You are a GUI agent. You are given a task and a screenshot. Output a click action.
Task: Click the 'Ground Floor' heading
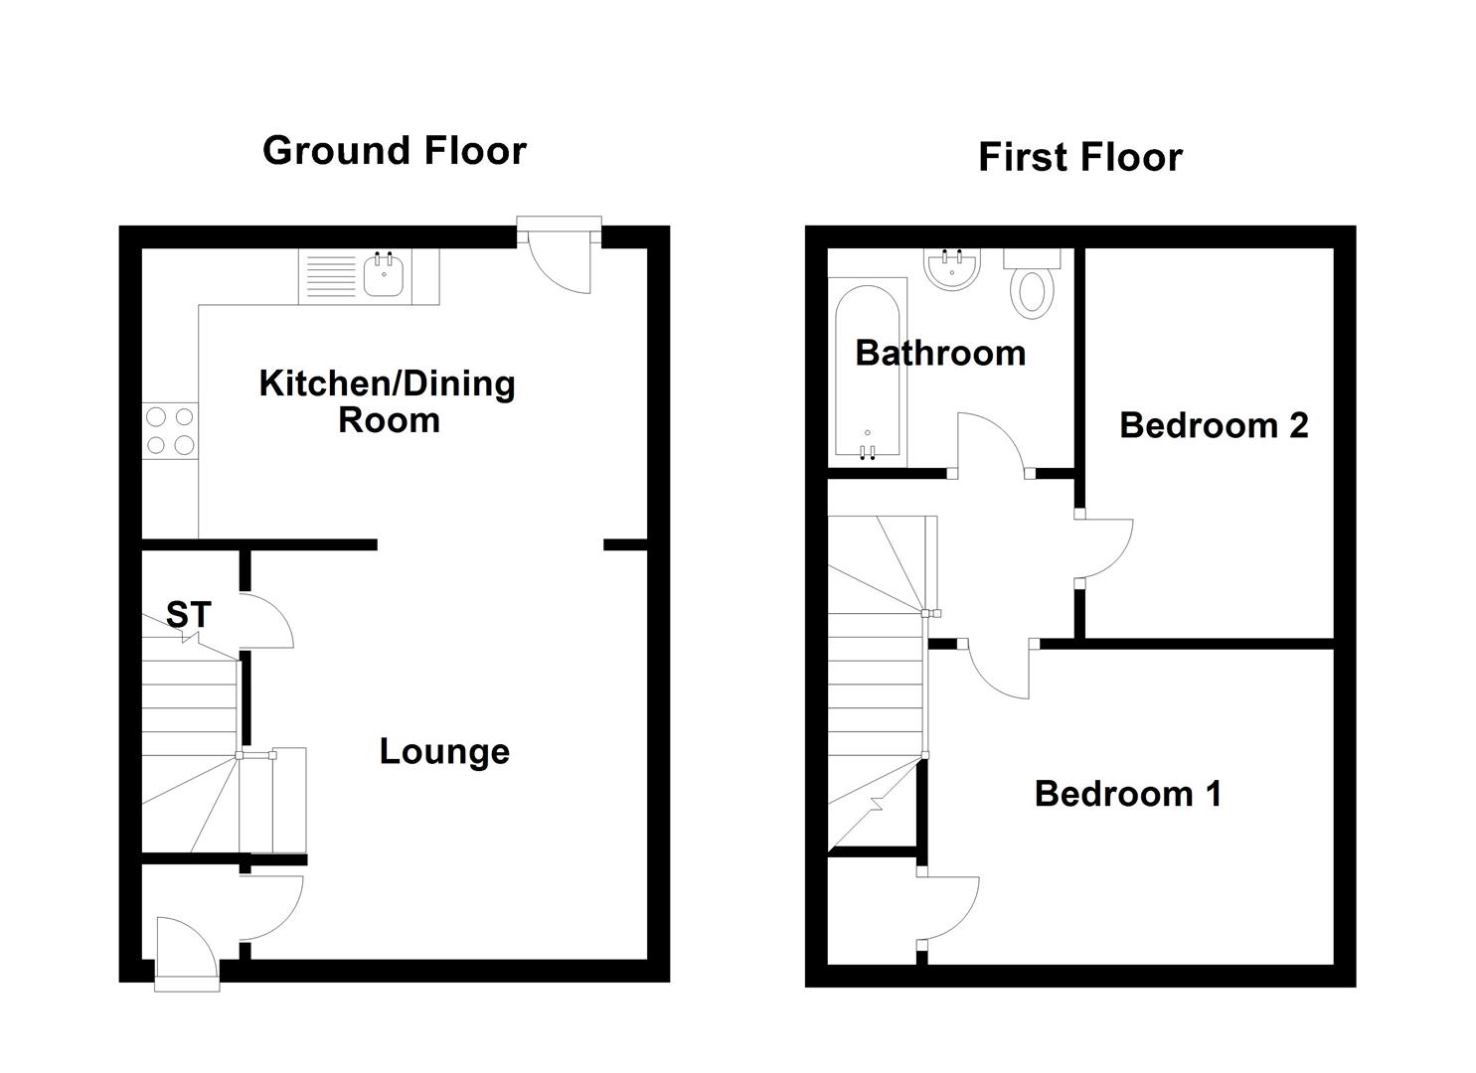[x=394, y=151]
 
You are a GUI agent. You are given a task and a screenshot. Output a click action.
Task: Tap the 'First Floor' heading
[x=1080, y=157]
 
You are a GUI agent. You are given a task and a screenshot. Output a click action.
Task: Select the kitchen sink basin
[x=383, y=275]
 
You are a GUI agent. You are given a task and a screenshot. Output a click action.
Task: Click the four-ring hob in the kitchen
[x=170, y=431]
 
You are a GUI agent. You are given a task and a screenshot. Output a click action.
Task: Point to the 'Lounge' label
[x=444, y=751]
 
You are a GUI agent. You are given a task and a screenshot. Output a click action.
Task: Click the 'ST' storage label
[x=189, y=615]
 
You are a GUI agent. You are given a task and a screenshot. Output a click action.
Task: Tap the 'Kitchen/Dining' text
[x=387, y=384]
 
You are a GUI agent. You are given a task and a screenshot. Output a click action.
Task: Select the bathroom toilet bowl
[x=1032, y=294]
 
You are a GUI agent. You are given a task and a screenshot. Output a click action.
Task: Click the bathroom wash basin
[x=952, y=268]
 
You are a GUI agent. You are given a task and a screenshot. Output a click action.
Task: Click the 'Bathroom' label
[x=940, y=353]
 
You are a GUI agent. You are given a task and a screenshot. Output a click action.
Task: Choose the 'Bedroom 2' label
[x=1214, y=425]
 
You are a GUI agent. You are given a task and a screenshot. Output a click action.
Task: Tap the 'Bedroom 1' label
[x=1128, y=793]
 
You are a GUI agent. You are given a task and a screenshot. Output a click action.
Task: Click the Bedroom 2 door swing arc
[x=1116, y=561]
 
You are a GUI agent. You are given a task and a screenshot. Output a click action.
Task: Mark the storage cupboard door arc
[x=278, y=609]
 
